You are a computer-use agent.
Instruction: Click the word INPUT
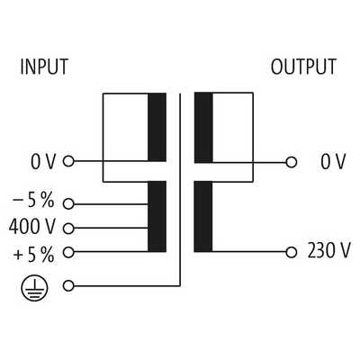pos(44,67)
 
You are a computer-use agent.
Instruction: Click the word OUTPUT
pos(303,67)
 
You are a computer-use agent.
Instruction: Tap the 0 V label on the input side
pos(43,162)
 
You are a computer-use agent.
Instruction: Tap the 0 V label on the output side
pos(333,162)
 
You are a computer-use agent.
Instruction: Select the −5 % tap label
pos(33,200)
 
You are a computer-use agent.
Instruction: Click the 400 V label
pos(32,227)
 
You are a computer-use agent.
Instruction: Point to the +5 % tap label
pos(34,255)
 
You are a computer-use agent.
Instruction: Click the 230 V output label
pos(328,250)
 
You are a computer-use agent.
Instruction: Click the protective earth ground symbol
pos(34,288)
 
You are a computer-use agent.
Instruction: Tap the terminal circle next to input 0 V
pos(68,161)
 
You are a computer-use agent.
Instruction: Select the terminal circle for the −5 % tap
pos(68,204)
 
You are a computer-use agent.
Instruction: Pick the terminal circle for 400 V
pos(68,229)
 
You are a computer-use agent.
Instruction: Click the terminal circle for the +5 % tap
pos(68,252)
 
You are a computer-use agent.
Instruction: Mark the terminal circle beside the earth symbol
pos(68,286)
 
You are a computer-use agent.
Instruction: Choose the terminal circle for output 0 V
pos(291,162)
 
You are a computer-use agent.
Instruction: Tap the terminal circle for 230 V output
pos(291,252)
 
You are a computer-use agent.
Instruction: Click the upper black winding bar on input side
pos(157,127)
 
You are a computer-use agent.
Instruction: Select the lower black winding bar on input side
pos(157,216)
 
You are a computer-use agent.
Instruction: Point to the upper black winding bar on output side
pos(203,128)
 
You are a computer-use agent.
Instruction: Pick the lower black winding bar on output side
pos(203,216)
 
